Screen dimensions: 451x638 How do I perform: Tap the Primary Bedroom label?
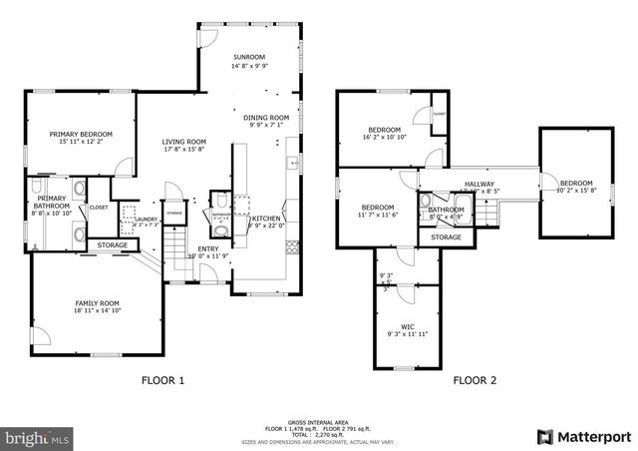81,134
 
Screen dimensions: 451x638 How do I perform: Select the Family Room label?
97,302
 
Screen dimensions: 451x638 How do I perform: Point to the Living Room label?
183,142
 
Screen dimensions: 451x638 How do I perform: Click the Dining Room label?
266,118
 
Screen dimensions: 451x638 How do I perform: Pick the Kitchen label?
266,218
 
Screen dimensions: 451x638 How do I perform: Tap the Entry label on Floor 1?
208,248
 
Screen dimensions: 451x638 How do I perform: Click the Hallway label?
479,184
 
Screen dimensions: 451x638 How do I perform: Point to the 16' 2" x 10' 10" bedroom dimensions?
384,139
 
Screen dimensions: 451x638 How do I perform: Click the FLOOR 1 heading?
162,380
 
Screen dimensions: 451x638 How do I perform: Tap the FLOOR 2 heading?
475,380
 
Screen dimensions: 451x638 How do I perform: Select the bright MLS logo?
38,437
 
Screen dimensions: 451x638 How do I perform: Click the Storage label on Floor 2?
446,237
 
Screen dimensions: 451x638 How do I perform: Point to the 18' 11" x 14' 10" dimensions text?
97,311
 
